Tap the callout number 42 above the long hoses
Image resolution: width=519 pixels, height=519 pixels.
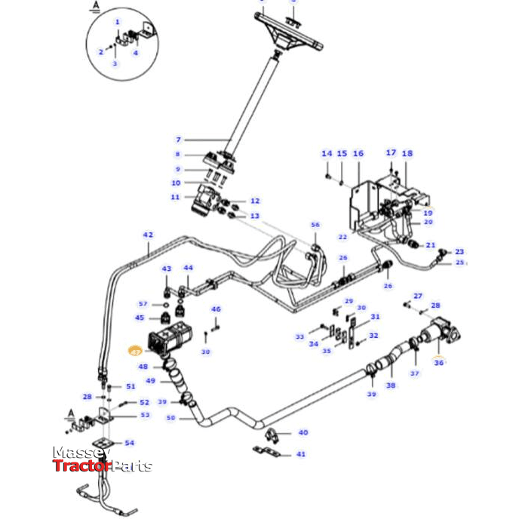(x=148, y=235)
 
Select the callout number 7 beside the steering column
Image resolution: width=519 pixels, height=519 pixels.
(x=179, y=140)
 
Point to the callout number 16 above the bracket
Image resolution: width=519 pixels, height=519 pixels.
(x=358, y=153)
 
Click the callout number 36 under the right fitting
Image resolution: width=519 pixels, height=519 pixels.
(x=438, y=362)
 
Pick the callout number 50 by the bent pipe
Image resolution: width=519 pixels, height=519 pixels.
(x=170, y=417)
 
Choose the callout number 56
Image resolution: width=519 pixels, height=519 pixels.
(x=315, y=225)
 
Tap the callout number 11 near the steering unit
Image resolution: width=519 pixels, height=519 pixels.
(x=174, y=197)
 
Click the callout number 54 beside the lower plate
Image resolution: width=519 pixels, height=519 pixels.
(x=129, y=443)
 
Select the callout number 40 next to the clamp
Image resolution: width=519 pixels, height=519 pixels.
(x=302, y=432)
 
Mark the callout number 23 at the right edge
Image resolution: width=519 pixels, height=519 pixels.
(x=459, y=252)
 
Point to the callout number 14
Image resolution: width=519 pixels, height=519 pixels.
(x=326, y=153)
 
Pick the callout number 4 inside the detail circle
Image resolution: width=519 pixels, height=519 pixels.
(x=136, y=53)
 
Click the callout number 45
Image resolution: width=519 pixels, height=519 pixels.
(x=140, y=318)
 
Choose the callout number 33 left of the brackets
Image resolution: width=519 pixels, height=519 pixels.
(x=299, y=336)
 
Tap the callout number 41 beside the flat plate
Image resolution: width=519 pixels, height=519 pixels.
(x=301, y=454)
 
